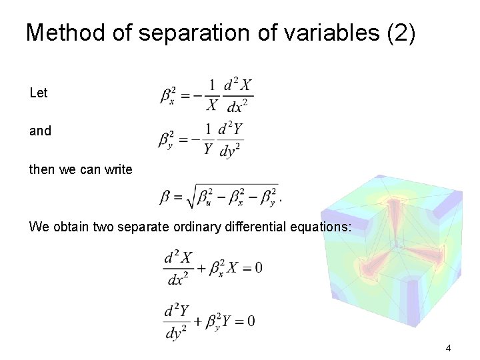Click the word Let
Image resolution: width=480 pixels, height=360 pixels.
(39, 93)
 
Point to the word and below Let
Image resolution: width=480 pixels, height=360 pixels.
(40, 131)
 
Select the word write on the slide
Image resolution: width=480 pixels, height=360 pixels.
(119, 169)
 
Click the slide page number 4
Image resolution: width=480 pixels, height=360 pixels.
(449, 347)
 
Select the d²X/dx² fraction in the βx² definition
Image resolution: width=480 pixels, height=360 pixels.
(238, 96)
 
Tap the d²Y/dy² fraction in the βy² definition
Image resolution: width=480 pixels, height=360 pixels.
(231, 140)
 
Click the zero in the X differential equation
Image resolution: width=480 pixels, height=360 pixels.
(258, 268)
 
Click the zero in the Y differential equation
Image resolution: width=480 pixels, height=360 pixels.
(251, 321)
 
